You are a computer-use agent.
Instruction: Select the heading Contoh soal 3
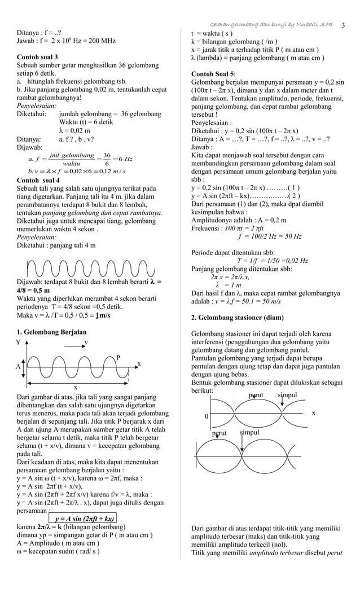(x=37, y=57)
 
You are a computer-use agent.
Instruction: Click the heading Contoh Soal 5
(x=214, y=74)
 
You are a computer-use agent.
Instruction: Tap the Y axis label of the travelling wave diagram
(x=19, y=342)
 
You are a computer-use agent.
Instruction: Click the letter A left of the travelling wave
(x=18, y=366)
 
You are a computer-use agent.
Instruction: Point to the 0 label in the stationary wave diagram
(x=207, y=416)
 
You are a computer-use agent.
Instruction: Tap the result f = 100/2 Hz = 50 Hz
(x=269, y=236)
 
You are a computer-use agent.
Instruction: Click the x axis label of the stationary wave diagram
(x=314, y=412)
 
